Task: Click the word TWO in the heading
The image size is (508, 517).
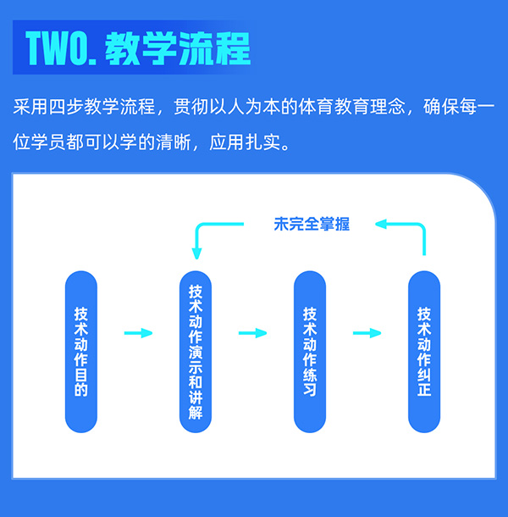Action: (60, 50)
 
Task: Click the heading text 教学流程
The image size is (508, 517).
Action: (178, 50)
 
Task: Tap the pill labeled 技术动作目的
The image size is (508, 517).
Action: (81, 351)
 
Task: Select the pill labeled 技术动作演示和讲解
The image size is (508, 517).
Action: (196, 351)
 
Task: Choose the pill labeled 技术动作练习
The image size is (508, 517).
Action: (310, 351)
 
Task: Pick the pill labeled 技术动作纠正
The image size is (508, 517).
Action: (424, 351)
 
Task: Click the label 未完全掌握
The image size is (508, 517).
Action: (312, 225)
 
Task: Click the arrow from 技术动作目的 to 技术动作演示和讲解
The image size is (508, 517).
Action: (138, 333)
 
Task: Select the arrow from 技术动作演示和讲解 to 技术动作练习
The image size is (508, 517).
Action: (252, 333)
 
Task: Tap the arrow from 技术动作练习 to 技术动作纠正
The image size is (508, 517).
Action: (367, 333)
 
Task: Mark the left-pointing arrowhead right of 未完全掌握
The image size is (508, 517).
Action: (383, 225)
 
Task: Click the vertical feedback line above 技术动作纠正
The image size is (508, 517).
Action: (424, 242)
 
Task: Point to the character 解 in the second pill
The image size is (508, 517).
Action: (196, 415)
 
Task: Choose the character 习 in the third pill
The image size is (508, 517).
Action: (310, 391)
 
